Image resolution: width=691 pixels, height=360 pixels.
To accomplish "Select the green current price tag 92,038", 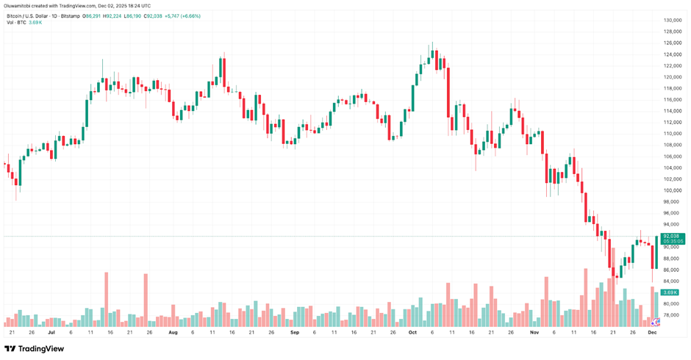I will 673,236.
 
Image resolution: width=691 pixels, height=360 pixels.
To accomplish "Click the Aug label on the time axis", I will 173,332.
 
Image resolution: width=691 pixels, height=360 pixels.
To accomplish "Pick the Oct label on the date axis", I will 412,332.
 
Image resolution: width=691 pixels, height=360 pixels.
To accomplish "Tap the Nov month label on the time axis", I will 534,332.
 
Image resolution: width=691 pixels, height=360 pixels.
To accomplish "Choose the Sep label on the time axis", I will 294,332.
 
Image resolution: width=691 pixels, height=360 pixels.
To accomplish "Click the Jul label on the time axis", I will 51,332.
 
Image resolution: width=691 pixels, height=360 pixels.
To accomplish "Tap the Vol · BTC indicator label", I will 16,23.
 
